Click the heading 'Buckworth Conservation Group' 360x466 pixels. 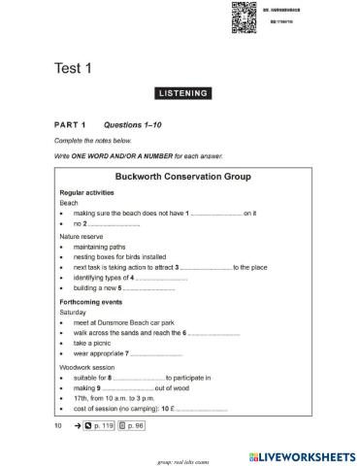pos(183,178)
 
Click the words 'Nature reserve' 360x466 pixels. pos(83,236)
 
